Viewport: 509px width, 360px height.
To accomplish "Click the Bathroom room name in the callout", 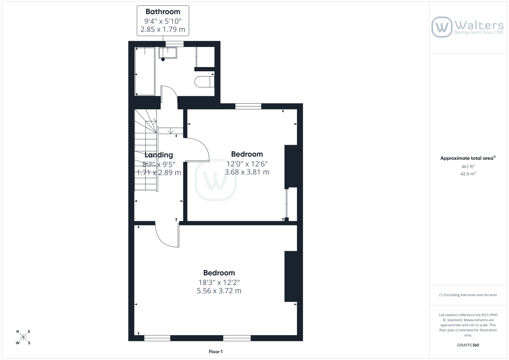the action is point(163,12).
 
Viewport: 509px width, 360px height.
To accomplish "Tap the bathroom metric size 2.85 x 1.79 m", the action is point(163,29).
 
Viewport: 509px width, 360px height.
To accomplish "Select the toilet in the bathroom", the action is point(205,82).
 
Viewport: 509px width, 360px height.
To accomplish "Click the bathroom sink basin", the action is point(168,53).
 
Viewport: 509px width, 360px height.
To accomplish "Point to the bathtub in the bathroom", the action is point(145,71).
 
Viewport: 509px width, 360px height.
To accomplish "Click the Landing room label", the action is point(159,155).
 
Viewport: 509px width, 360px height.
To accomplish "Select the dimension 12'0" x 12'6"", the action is point(247,164).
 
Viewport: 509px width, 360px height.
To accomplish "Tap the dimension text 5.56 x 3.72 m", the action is point(219,291).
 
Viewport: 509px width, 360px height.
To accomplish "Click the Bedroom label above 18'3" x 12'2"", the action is point(219,273).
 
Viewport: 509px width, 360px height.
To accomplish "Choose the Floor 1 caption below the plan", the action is point(216,352).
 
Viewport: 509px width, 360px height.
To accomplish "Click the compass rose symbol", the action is point(23,337).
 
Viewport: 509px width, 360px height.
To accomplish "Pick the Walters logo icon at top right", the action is point(442,27).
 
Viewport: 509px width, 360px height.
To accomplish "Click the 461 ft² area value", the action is point(468,167).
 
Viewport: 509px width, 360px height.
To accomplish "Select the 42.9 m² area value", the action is point(468,174).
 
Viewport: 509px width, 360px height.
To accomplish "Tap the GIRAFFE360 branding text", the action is point(468,345).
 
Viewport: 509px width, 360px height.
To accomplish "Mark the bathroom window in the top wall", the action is point(174,44).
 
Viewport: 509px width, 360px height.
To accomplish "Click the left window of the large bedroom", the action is point(157,338).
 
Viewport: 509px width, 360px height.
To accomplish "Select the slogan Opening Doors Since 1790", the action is point(478,32).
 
